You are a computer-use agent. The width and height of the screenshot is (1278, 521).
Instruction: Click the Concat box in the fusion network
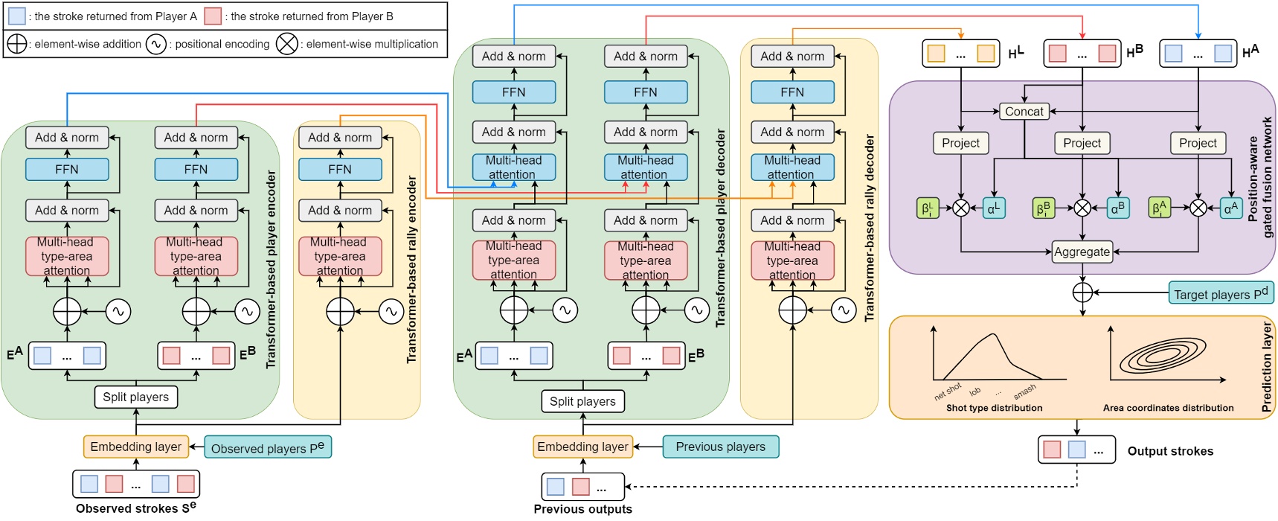[1024, 112]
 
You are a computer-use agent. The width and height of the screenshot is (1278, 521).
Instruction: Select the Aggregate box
[1082, 252]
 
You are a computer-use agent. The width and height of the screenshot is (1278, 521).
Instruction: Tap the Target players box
[1221, 293]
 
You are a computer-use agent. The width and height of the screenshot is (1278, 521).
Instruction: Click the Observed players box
[267, 447]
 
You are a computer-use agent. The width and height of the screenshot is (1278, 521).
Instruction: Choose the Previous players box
[720, 447]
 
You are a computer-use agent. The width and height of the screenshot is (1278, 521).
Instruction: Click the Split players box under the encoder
[136, 397]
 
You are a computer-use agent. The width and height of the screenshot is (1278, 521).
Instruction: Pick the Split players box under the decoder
[582, 401]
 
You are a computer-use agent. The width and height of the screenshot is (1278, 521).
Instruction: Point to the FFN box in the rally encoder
[340, 169]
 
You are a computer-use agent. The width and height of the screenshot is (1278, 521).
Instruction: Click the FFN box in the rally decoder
[792, 92]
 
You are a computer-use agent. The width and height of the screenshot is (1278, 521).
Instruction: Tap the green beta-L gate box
[928, 208]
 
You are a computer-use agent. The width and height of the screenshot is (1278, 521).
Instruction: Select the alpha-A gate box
[1231, 208]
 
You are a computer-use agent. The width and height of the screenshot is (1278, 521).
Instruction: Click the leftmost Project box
[960, 143]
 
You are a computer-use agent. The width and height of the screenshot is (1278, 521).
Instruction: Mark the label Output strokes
[1170, 451]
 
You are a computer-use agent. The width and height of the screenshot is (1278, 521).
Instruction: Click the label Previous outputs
[582, 509]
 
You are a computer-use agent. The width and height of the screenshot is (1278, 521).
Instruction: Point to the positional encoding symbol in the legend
[155, 44]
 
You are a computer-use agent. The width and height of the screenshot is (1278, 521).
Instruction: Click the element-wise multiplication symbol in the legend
[286, 44]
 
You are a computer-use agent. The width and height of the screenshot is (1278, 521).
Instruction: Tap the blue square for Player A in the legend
[16, 16]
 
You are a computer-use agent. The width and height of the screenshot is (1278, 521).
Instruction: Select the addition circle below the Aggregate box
[1082, 293]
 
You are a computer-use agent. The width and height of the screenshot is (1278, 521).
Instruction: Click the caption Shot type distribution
[994, 408]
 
